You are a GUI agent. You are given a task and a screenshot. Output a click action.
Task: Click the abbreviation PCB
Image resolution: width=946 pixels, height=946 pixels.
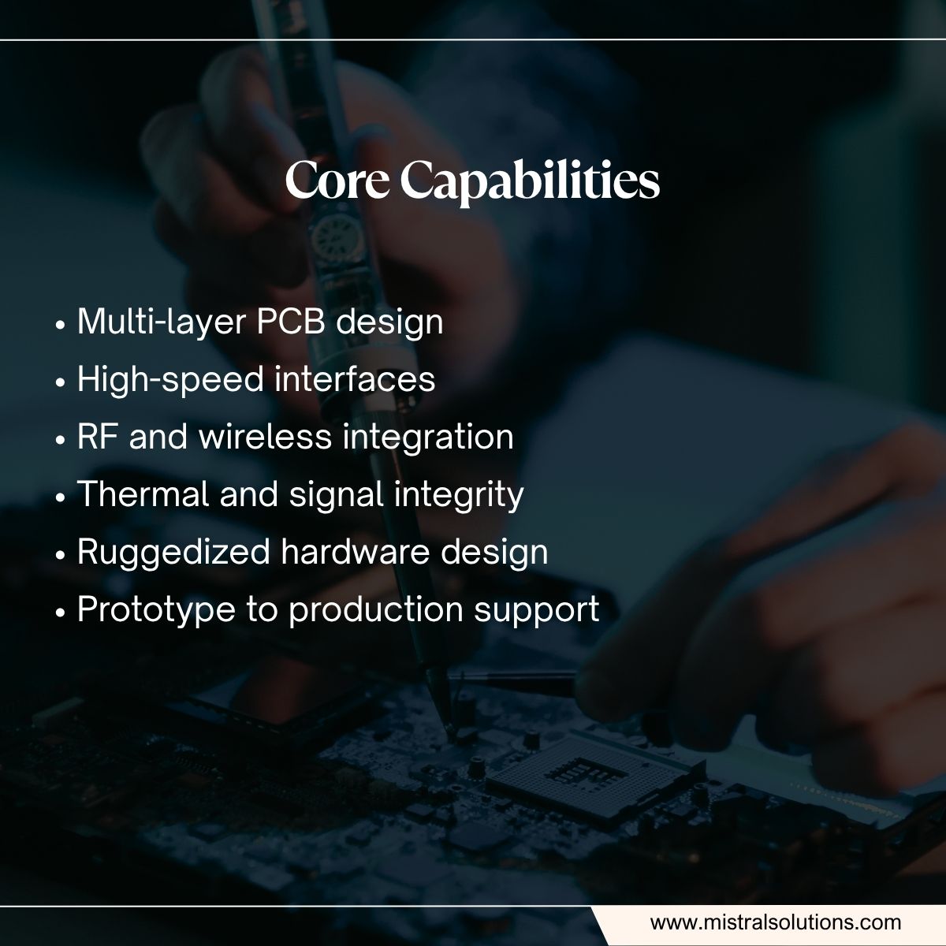pyautogui.click(x=289, y=322)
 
